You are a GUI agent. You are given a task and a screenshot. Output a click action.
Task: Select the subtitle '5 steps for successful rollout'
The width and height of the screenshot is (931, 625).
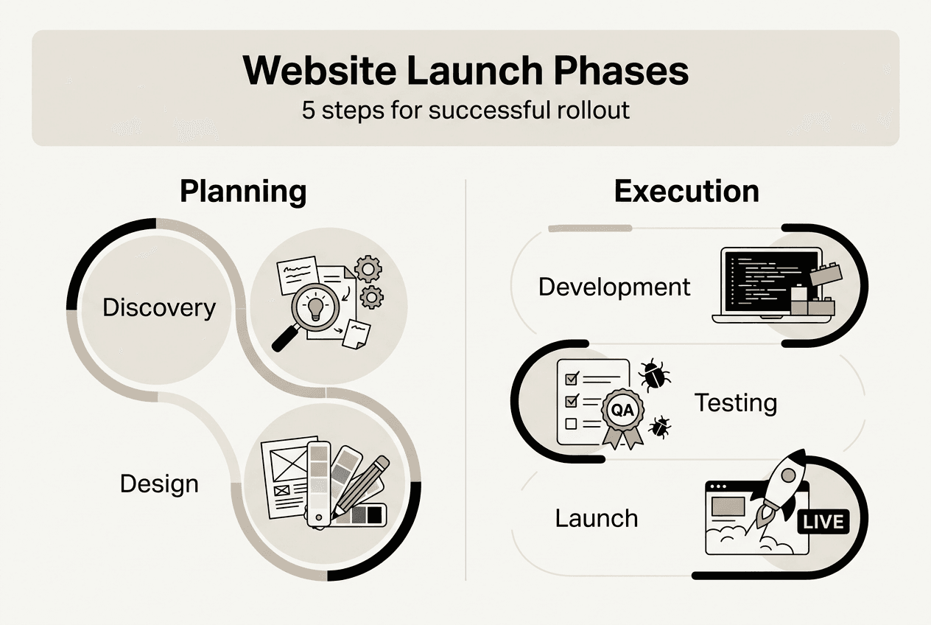tap(465, 111)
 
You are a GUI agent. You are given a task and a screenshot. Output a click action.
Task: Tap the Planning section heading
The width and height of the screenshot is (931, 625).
tap(243, 191)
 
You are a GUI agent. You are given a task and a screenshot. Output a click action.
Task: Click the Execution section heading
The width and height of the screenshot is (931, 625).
tap(686, 191)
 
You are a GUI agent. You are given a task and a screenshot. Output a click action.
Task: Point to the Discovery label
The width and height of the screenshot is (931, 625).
tap(159, 307)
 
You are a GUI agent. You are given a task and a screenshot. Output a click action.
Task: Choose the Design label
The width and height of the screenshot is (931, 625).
tap(159, 484)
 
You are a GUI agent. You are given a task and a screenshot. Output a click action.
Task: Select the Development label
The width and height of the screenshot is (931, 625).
tap(614, 287)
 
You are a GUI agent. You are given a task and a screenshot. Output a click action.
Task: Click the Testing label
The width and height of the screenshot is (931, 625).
tap(736, 403)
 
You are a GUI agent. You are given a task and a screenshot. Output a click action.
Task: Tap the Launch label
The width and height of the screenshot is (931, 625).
tap(597, 518)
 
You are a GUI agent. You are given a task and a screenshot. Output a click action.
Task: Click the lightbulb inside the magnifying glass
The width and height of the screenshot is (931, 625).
tap(315, 304)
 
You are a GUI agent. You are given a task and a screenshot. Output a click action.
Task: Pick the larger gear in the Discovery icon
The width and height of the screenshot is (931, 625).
tap(368, 270)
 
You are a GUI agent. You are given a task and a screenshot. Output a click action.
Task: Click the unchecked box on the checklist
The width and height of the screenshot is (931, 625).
tap(571, 424)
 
